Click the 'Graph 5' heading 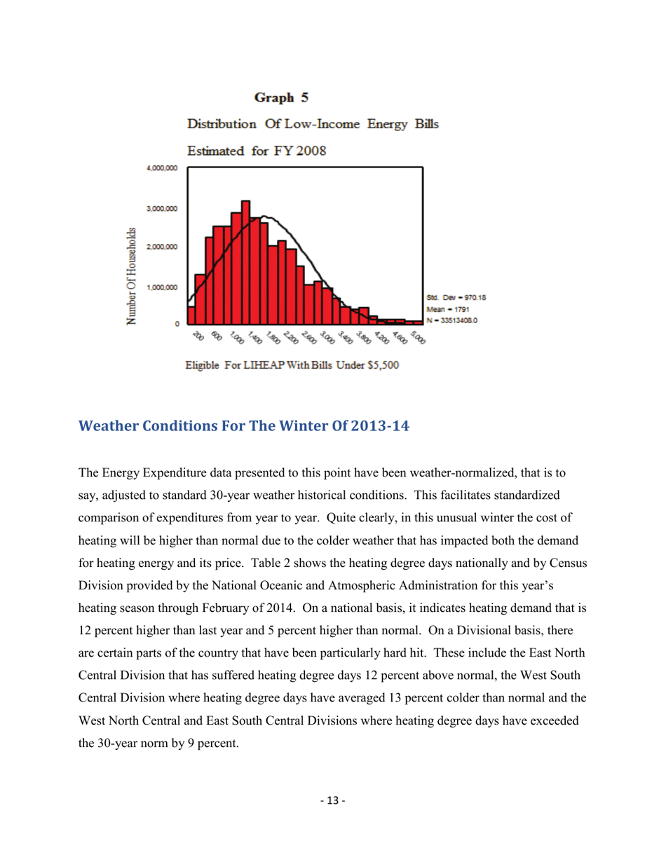[281, 96]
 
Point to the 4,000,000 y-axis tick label [162, 168]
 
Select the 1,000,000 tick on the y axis [162, 287]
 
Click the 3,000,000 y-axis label [162, 209]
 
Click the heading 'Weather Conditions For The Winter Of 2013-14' [245, 427]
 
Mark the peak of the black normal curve [264, 217]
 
